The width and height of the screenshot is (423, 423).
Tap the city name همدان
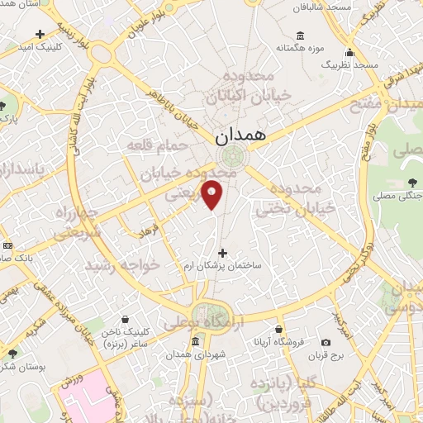[x=240, y=134]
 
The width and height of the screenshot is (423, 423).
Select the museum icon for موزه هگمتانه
[x=299, y=36]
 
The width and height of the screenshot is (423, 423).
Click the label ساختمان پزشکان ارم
[x=221, y=267]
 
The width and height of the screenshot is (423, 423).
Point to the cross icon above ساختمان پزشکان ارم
[x=221, y=252]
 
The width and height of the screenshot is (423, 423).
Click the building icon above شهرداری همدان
[x=197, y=341]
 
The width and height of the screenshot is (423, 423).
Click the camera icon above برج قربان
[x=326, y=342]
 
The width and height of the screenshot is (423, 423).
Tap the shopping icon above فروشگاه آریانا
[x=279, y=328]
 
